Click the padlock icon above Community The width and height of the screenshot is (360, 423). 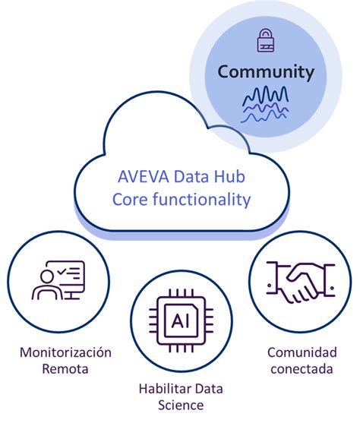click(265, 39)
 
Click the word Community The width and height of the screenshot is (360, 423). click(265, 72)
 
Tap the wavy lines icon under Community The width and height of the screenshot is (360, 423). click(265, 103)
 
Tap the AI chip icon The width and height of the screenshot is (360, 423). click(180, 319)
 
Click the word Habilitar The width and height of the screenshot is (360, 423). click(164, 389)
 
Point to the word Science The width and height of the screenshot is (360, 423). click(180, 406)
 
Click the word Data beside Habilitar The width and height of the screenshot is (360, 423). click(207, 389)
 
